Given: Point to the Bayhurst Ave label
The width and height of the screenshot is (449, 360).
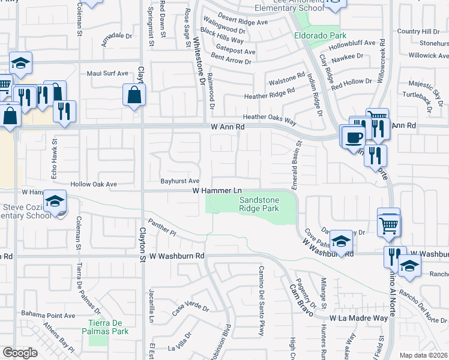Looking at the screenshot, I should pos(179,181).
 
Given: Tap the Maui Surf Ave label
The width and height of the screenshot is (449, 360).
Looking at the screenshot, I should pos(107,73).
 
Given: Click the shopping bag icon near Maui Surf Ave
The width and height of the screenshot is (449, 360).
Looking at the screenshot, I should pos(134,95).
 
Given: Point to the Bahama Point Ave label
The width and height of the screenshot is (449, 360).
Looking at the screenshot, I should pos(48,314).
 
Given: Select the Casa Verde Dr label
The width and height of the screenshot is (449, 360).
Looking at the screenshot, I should pos(190,310).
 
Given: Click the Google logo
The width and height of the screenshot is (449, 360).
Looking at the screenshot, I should pos(20,352).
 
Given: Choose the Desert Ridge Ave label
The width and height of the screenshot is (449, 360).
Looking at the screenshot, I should pos(243,22).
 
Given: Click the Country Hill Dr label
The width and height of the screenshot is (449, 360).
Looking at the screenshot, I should pos(418,31).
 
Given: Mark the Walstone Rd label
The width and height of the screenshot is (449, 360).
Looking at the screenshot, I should pos(287,78).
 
